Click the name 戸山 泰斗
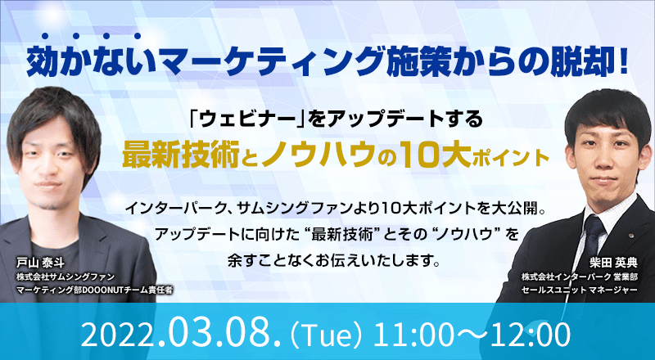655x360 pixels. pos(40,263)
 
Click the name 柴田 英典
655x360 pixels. pos(613,263)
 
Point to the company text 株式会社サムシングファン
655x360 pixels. pos(65,277)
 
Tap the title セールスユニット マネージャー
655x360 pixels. pos(579,290)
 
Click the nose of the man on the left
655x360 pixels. pos(52,166)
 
